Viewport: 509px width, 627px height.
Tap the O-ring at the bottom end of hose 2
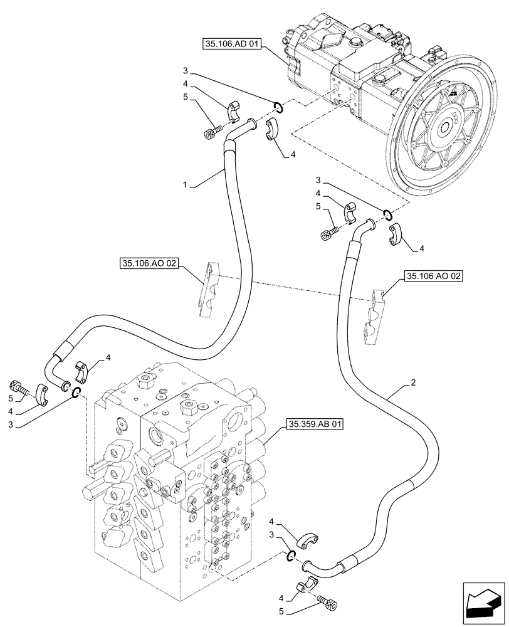click(292, 555)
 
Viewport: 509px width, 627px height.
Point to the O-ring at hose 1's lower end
click(76, 393)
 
